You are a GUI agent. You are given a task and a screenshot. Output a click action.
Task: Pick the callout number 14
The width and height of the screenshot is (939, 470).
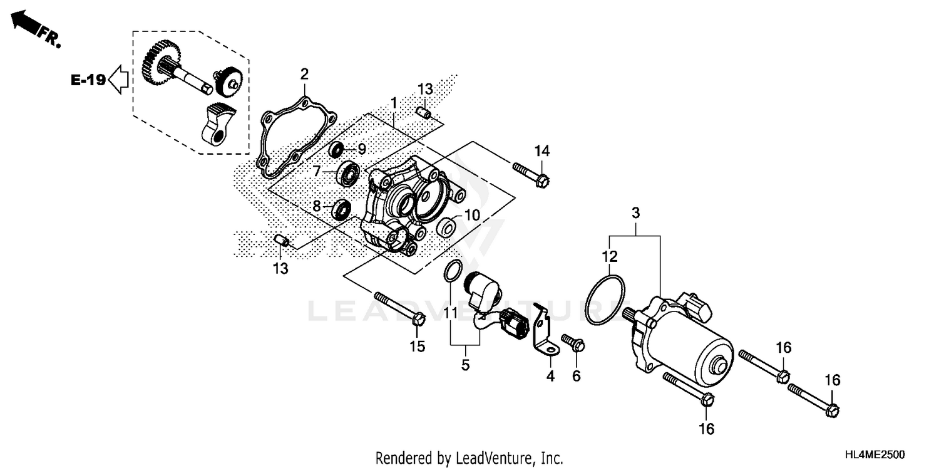point(541,150)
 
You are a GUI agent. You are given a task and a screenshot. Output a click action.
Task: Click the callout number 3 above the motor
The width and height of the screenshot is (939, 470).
point(635,213)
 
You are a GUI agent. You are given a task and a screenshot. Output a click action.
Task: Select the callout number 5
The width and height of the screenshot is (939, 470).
point(465,365)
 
